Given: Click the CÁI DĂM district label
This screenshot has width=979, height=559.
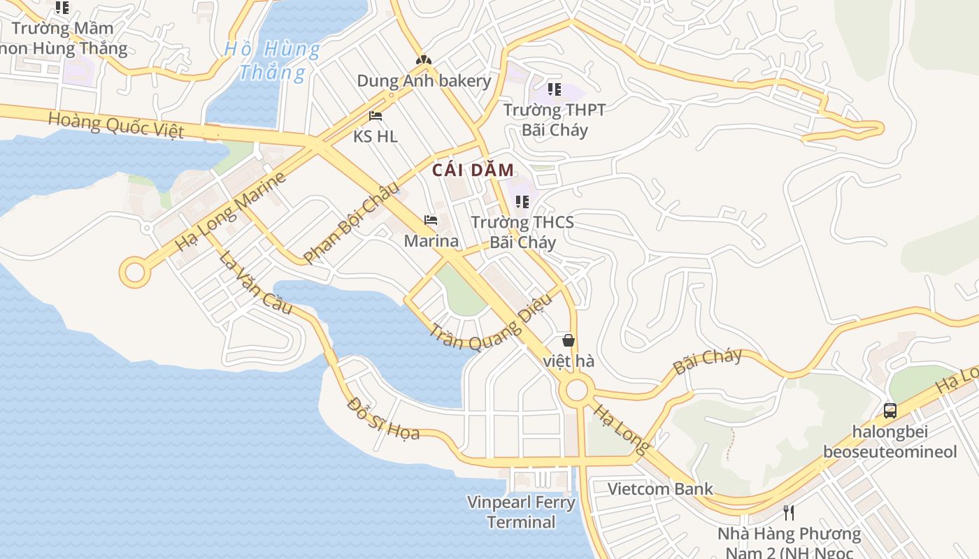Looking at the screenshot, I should click(x=473, y=170).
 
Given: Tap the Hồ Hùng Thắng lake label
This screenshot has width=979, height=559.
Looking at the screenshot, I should click(x=273, y=61).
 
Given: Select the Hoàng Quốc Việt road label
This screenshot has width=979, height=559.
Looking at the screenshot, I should click(x=116, y=125).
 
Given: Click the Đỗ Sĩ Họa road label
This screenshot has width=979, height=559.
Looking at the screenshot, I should click(x=383, y=419).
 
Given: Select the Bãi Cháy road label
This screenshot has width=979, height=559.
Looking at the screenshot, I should click(x=707, y=361).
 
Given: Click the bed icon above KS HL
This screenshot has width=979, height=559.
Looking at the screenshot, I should click(x=376, y=115).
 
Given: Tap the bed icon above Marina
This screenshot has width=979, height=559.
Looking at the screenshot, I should click(x=431, y=220).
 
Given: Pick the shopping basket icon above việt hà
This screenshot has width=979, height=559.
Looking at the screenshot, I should click(x=569, y=340).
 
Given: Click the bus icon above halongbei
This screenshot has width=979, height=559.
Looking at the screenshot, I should click(x=889, y=410).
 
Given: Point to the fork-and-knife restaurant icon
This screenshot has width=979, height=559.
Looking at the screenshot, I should click(x=789, y=513).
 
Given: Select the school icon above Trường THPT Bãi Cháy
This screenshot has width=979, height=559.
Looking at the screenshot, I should click(x=554, y=89).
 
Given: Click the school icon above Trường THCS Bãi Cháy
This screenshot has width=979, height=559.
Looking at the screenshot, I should click(x=522, y=202).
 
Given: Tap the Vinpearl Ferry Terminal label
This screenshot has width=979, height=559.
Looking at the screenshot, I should click(x=521, y=511).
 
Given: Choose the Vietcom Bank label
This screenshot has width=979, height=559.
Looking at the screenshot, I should click(x=660, y=488).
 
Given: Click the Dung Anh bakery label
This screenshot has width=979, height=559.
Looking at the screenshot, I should click(x=424, y=80).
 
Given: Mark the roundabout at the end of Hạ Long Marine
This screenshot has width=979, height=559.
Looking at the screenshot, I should click(x=134, y=272).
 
